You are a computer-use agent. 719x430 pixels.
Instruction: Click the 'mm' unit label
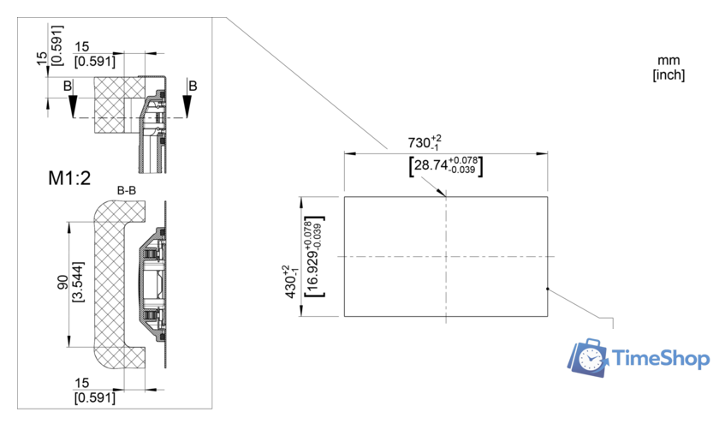(668, 60)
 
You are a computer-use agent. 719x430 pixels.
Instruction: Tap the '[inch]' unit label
(668, 75)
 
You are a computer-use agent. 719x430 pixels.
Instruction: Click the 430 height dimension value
(290, 282)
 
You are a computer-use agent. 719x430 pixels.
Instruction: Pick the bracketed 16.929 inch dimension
(312, 256)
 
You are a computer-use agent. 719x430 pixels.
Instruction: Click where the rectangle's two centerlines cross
(446, 256)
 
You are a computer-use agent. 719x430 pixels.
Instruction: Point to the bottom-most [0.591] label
(95, 397)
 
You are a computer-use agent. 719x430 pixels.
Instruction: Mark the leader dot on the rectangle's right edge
(546, 290)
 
